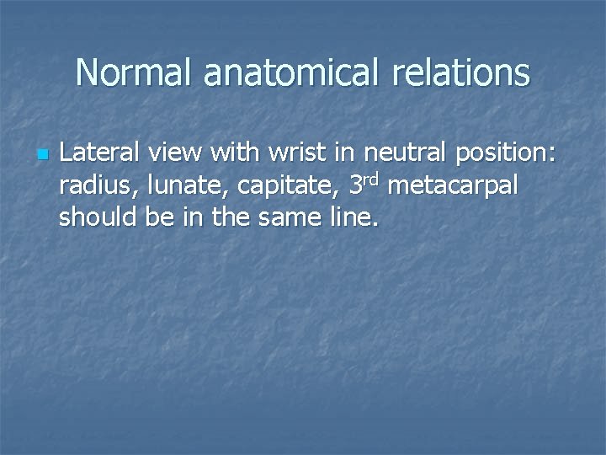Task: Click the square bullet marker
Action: click(42, 155)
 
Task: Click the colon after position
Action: click(552, 155)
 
